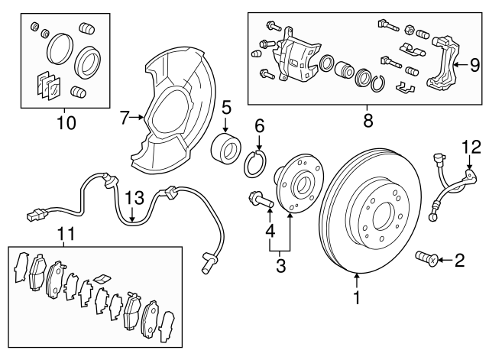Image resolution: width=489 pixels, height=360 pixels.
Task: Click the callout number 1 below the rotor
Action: coord(356,299)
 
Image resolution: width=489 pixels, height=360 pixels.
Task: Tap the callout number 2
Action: coord(459,261)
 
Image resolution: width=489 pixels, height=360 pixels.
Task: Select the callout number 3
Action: coord(280,266)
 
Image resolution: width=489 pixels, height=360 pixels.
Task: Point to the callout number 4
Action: coord(268,230)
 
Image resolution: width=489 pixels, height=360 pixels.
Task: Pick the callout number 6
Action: coord(259,125)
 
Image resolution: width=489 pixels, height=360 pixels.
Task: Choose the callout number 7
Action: coord(125,118)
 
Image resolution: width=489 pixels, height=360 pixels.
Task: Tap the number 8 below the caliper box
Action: coord(368,119)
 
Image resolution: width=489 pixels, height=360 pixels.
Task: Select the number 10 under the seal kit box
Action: coord(67,121)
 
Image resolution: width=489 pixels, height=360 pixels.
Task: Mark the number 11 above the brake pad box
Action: coord(67,233)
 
